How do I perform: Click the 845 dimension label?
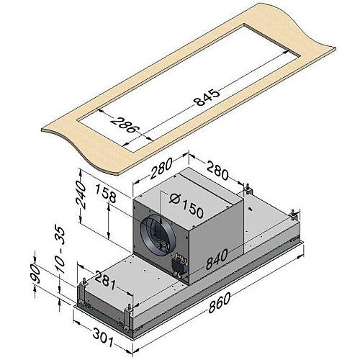click(x=207, y=98)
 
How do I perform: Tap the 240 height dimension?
click(x=81, y=194)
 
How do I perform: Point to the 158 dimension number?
click(x=105, y=193)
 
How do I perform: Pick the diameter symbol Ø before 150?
click(x=174, y=198)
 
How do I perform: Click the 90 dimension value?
click(x=35, y=273)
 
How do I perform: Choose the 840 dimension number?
click(x=217, y=259)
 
